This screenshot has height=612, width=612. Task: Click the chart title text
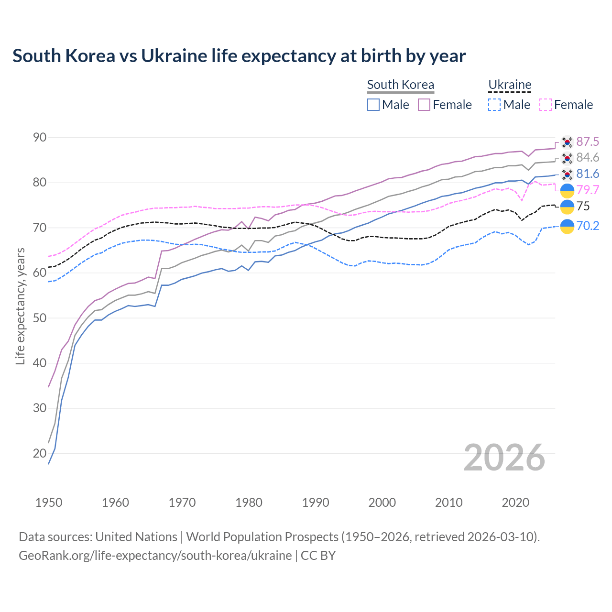[x=239, y=56]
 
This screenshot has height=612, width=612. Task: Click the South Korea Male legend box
[x=373, y=105]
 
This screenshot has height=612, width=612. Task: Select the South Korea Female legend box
[x=424, y=105]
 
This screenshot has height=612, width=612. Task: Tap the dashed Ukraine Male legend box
[x=494, y=105]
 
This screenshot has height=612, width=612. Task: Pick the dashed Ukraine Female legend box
[x=545, y=105]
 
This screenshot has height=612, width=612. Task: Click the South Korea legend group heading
[x=401, y=85]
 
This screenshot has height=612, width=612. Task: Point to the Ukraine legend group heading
[x=510, y=85]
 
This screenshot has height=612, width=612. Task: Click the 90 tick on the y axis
[x=40, y=138]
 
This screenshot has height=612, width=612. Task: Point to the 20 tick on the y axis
[x=40, y=453]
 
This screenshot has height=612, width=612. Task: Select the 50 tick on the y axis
[x=40, y=318]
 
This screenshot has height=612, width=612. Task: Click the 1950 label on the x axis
[x=49, y=503]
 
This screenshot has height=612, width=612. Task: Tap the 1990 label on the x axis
[x=316, y=503]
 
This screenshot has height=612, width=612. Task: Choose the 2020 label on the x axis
[x=515, y=503]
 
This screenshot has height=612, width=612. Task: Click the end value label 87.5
[x=588, y=142]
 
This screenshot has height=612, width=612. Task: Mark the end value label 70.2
[x=588, y=226]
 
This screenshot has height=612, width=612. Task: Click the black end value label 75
[x=583, y=206]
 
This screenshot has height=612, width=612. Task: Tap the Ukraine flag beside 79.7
[x=567, y=190]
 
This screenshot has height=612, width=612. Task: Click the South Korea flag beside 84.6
[x=567, y=158]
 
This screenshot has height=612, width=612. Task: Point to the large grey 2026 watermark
[x=504, y=458]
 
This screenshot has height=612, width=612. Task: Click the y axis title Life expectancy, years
[x=20, y=306]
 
